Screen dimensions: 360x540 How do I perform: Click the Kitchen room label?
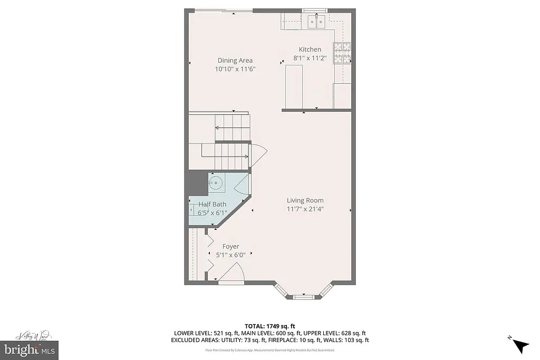310,50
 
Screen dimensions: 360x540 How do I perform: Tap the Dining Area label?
235,60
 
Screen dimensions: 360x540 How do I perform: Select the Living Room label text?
305,200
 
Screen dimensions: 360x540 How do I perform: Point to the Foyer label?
230,246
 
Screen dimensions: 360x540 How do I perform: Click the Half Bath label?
213,205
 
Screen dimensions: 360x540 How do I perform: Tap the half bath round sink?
215,183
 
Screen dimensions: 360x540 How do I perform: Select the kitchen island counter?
295,86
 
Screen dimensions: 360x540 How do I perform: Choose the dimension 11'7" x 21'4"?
305,209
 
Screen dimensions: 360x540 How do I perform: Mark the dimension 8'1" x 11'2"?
310,58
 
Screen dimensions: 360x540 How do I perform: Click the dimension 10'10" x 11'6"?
235,69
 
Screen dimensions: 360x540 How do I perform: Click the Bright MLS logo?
29,349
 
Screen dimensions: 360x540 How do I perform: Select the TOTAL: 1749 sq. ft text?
269,325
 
